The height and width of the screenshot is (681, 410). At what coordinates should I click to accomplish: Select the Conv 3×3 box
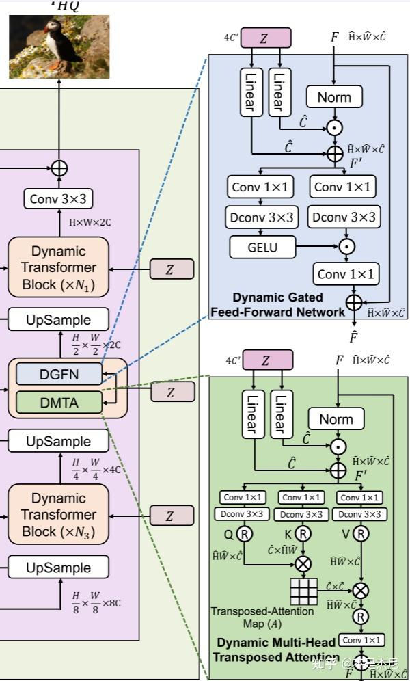pyautogui.click(x=58, y=198)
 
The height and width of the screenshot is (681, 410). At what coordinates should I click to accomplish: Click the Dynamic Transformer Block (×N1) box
pyautogui.click(x=58, y=267)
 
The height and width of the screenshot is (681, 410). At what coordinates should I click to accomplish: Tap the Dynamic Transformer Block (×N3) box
pyautogui.click(x=58, y=515)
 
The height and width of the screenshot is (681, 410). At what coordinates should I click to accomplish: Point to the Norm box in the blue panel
pyautogui.click(x=334, y=97)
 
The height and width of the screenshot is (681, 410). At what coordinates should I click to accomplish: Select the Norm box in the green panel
pyautogui.click(x=336, y=419)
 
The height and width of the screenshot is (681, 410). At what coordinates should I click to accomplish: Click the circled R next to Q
pyautogui.click(x=244, y=533)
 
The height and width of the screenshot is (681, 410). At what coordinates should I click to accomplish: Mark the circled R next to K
pyautogui.click(x=302, y=533)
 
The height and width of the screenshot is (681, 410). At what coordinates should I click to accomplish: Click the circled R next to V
pyautogui.click(x=360, y=533)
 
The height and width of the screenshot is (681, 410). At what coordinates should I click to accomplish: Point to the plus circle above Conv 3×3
pyautogui.click(x=59, y=167)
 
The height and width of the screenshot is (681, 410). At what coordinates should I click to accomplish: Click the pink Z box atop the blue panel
pyautogui.click(x=266, y=38)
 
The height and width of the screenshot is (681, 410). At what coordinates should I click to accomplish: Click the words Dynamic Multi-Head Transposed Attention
pyautogui.click(x=277, y=650)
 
